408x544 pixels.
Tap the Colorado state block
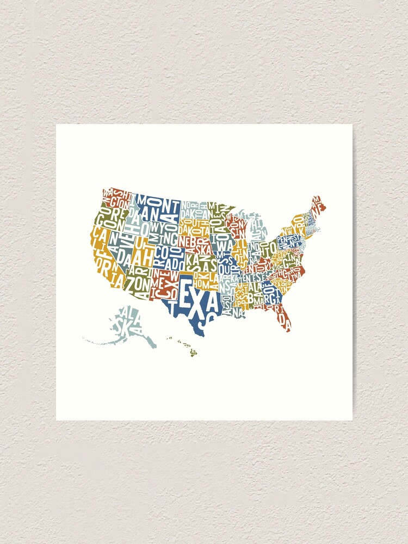click(169, 254)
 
